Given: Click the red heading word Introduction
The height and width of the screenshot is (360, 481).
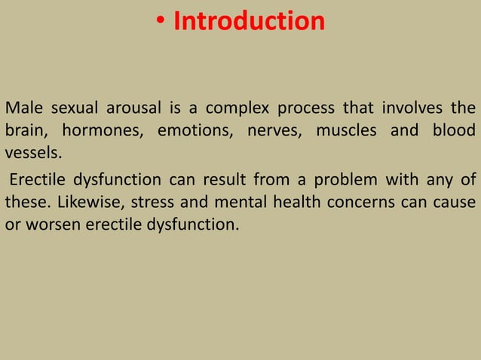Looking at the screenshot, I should pyautogui.click(x=249, y=21).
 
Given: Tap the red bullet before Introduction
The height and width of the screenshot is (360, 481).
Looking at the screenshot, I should pyautogui.click(x=161, y=22).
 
